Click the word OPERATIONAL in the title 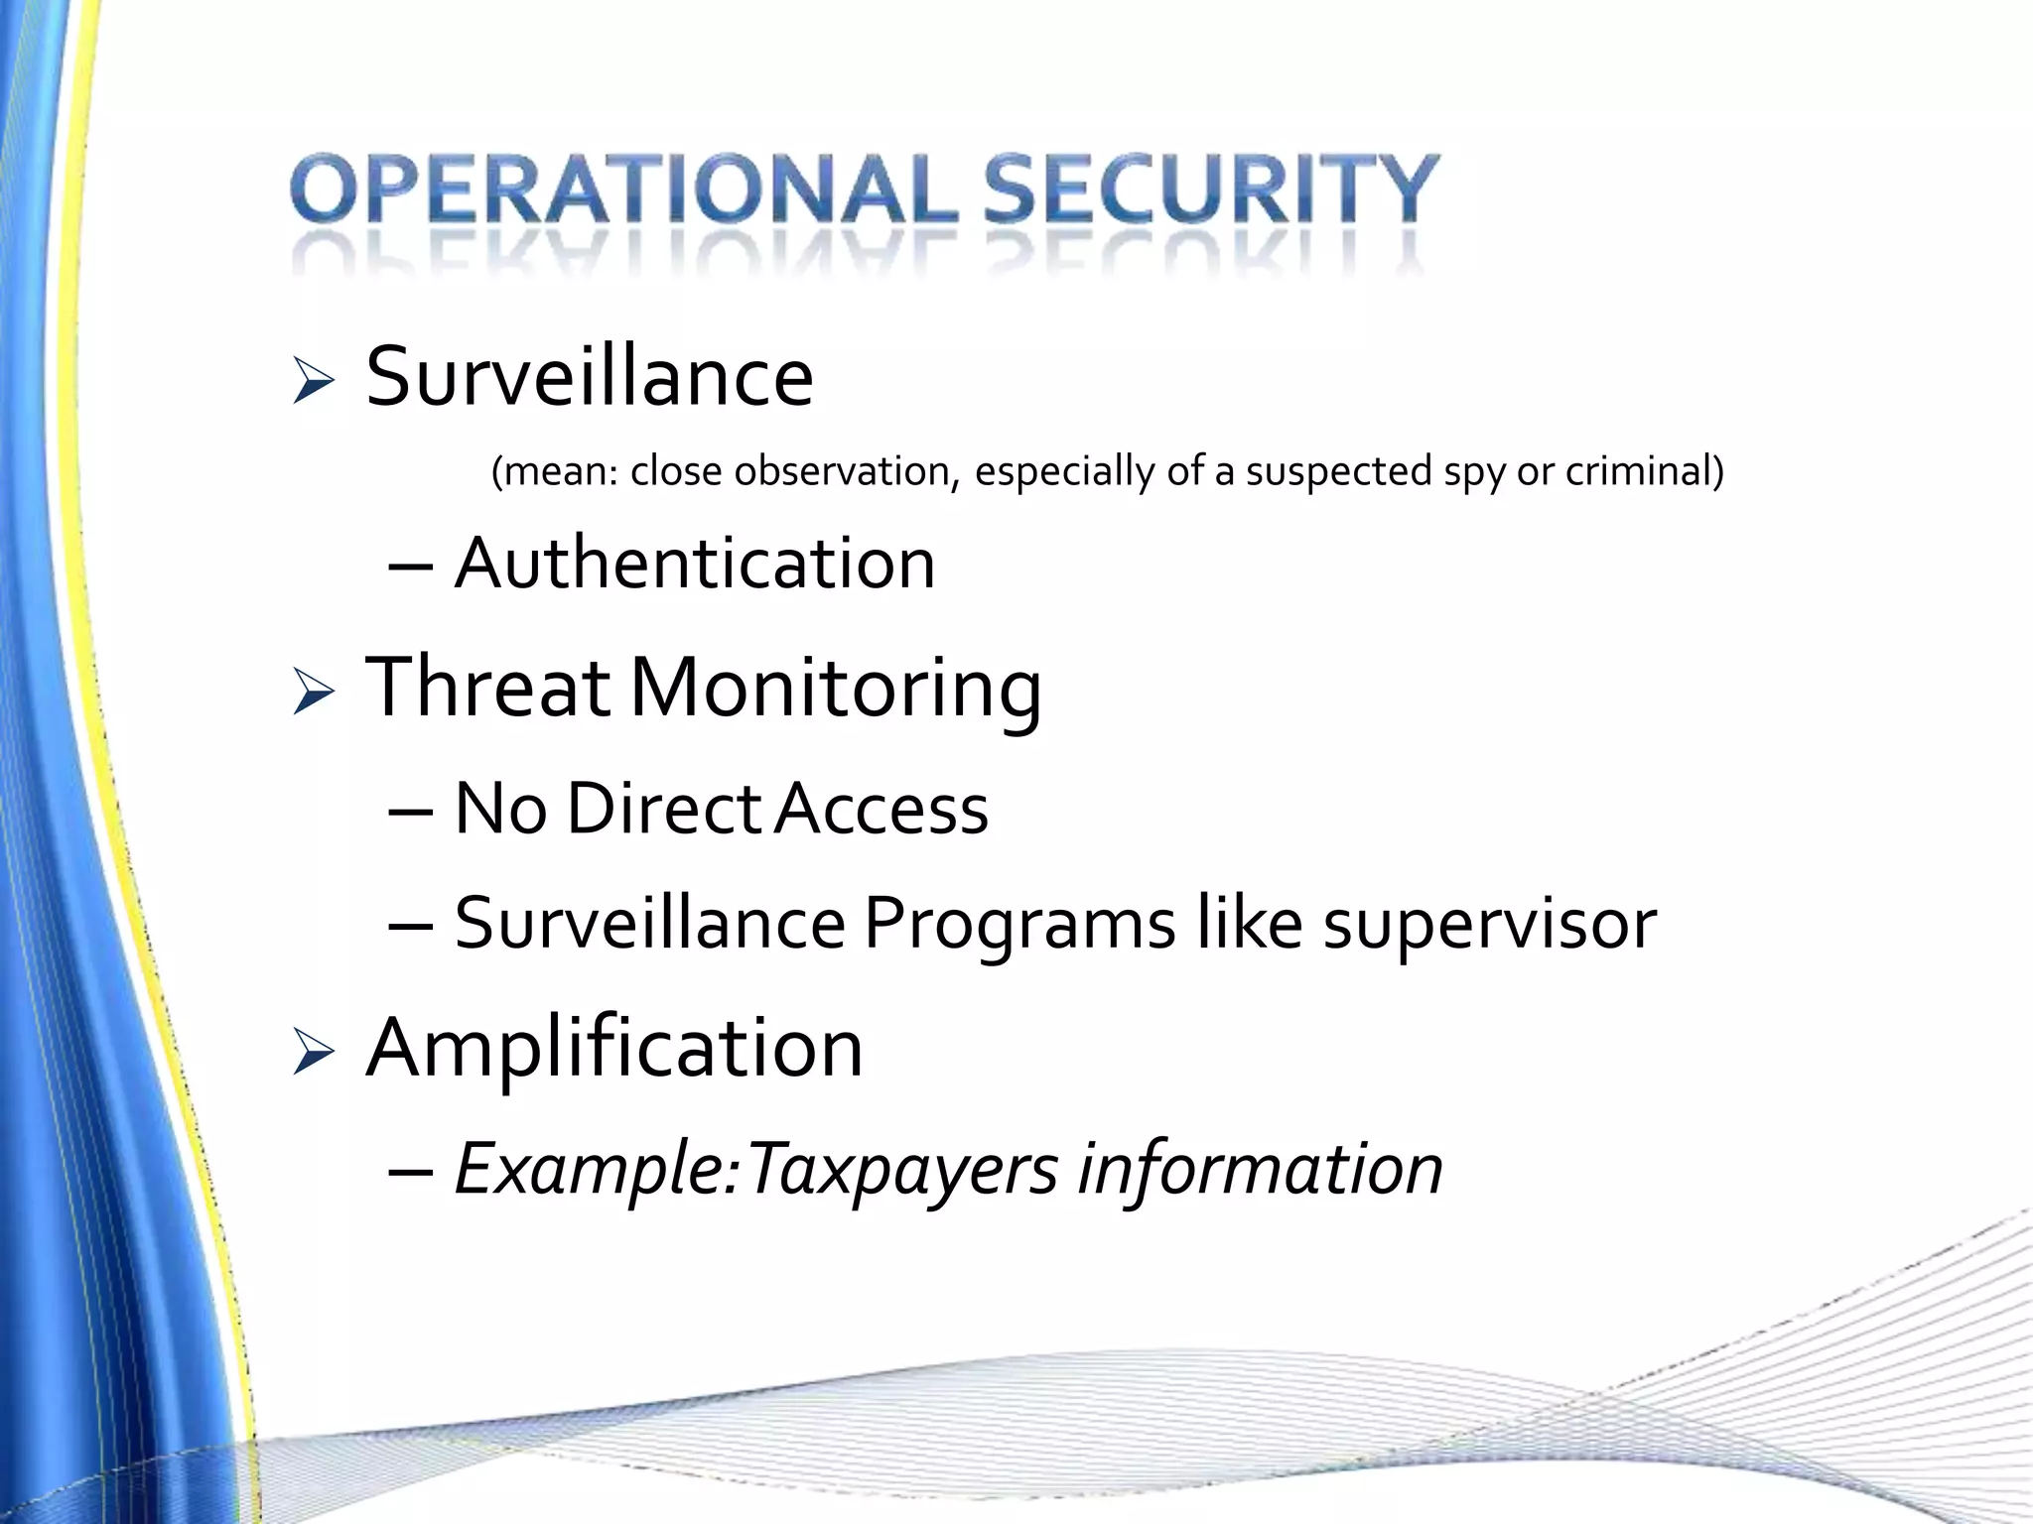623,189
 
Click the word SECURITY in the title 1210,189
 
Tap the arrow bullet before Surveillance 313,381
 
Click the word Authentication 695,564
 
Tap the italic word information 1260,1169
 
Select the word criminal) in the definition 1645,471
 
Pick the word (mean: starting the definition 555,471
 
